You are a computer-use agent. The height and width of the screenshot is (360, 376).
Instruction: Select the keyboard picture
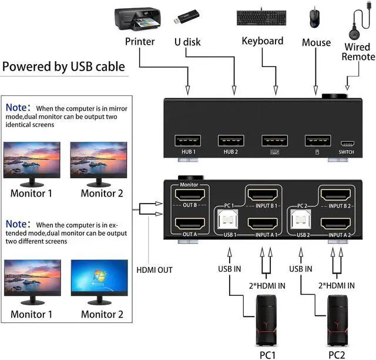[x=262, y=18]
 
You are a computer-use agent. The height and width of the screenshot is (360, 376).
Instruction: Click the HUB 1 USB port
[x=188, y=141]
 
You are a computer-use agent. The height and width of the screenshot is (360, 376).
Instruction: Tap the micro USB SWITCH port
[x=346, y=143]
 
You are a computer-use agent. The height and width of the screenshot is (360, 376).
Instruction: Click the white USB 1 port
[x=229, y=222]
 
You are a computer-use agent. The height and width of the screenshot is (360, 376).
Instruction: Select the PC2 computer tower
[x=337, y=321]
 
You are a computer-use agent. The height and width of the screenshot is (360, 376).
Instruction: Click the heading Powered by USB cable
[x=63, y=66]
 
